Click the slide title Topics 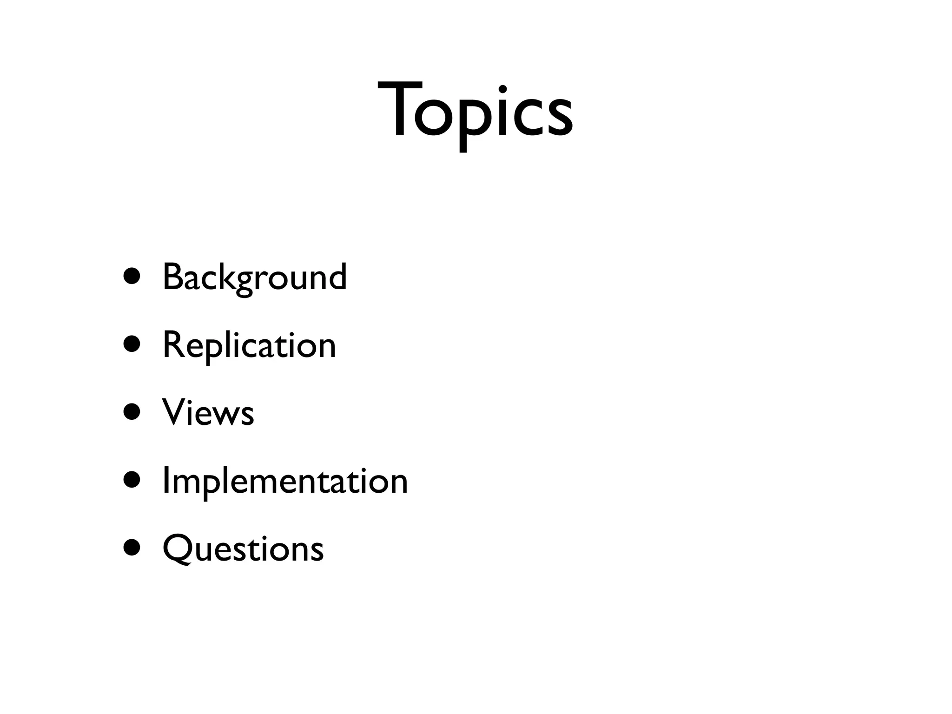point(475,112)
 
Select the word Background point(255,278)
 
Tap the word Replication point(249,346)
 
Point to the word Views point(208,413)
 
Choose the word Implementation point(285,481)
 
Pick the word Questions point(243,549)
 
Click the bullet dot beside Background point(132,276)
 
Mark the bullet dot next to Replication point(132,344)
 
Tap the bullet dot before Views point(132,412)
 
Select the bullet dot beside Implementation point(132,480)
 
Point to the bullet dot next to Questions point(132,548)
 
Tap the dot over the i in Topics point(502,89)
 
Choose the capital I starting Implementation point(165,481)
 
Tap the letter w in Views point(226,415)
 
